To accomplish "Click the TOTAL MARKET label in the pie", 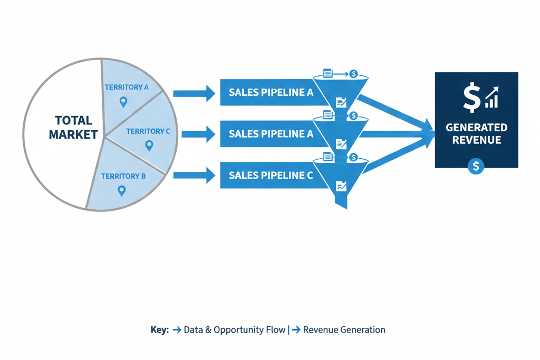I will [x=73, y=128].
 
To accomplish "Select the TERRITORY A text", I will [x=126, y=87].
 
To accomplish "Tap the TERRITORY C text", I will [x=148, y=131].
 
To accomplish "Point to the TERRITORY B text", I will [x=123, y=176].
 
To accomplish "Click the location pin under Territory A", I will [x=123, y=102].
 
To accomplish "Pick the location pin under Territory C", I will [x=149, y=145].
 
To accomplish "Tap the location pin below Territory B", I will [x=122, y=191].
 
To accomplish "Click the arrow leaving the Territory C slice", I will [x=198, y=134].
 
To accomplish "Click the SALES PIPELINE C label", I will [x=271, y=176].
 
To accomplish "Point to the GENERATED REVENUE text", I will [x=476, y=134].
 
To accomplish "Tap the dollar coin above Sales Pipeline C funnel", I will [x=353, y=157].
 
